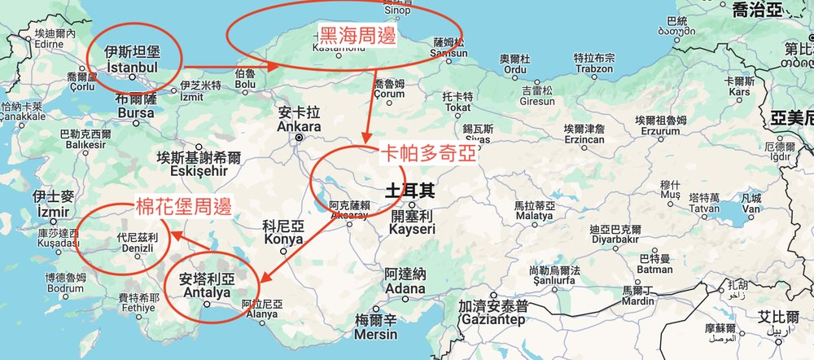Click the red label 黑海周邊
[x=355, y=37]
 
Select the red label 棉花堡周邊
[x=182, y=206]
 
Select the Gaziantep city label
[x=492, y=315]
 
